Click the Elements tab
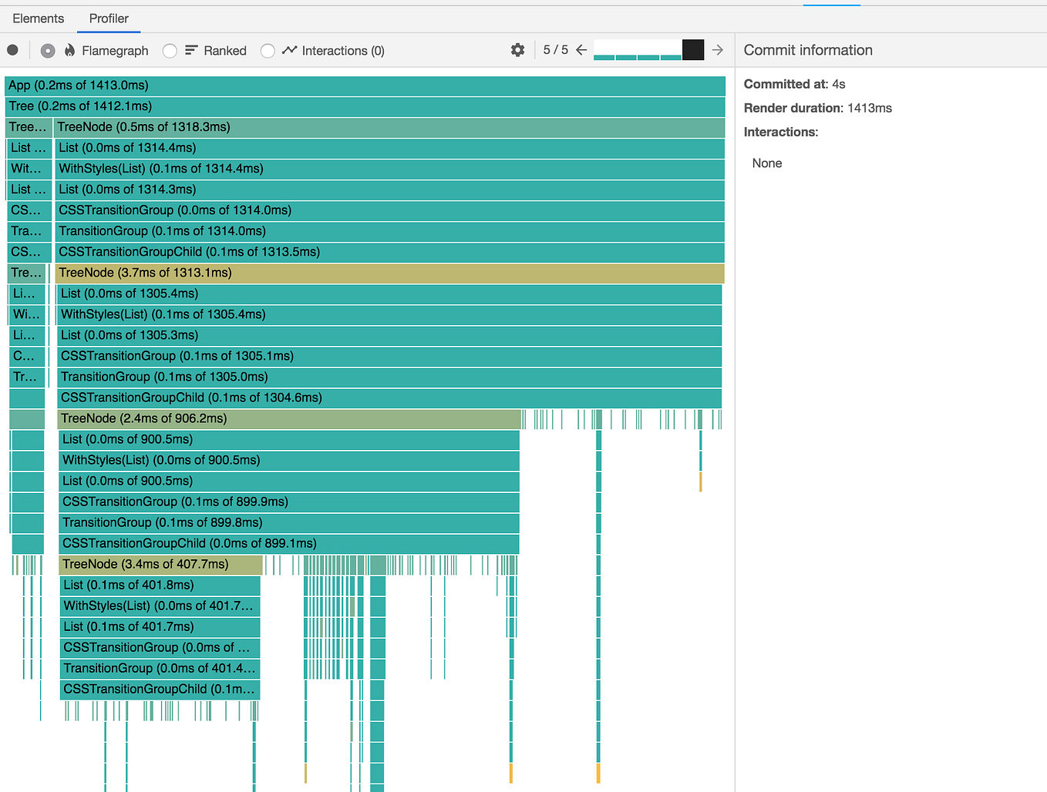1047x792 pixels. pyautogui.click(x=39, y=18)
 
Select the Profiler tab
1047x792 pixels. pyautogui.click(x=109, y=18)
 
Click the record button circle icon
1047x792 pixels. pyautogui.click(x=12, y=50)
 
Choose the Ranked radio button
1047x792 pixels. pyautogui.click(x=170, y=51)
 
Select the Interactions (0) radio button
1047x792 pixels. pyautogui.click(x=268, y=51)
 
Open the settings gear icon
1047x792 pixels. pyautogui.click(x=517, y=50)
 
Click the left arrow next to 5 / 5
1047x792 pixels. pyautogui.click(x=581, y=50)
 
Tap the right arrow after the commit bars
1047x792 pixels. pyautogui.click(x=718, y=50)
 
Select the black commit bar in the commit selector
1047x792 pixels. pyautogui.click(x=692, y=50)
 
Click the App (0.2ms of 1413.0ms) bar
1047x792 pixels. pyautogui.click(x=365, y=86)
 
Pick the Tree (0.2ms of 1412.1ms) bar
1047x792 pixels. pyautogui.click(x=365, y=106)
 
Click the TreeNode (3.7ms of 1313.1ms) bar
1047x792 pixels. pyautogui.click(x=389, y=273)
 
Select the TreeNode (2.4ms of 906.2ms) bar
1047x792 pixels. pyautogui.click(x=289, y=418)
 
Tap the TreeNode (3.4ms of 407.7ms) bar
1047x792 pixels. pyautogui.click(x=160, y=564)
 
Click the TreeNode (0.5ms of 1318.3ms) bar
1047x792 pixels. pyautogui.click(x=389, y=127)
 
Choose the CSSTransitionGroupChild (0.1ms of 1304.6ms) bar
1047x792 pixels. pyautogui.click(x=389, y=398)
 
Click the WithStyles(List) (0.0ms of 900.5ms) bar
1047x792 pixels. pyautogui.click(x=289, y=460)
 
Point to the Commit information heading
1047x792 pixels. pyautogui.click(x=808, y=50)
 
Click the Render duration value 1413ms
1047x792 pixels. pyautogui.click(x=869, y=108)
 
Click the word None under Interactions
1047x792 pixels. pyautogui.click(x=767, y=163)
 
